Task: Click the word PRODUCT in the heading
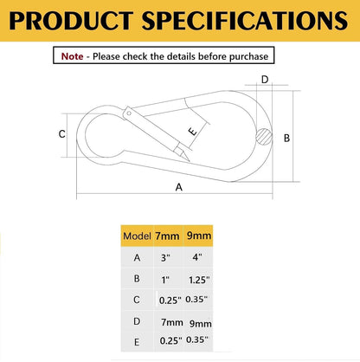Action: coord(71,21)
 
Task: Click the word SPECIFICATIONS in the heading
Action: coord(245,21)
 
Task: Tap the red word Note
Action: coord(72,56)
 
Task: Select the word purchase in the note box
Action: coord(248,56)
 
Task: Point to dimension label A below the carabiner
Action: coord(179,187)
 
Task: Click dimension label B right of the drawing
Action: coord(286,138)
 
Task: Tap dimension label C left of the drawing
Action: coord(61,134)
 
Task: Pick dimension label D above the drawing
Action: coord(265,79)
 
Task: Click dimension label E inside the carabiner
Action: coord(193,132)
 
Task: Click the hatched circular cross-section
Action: coord(264,137)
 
